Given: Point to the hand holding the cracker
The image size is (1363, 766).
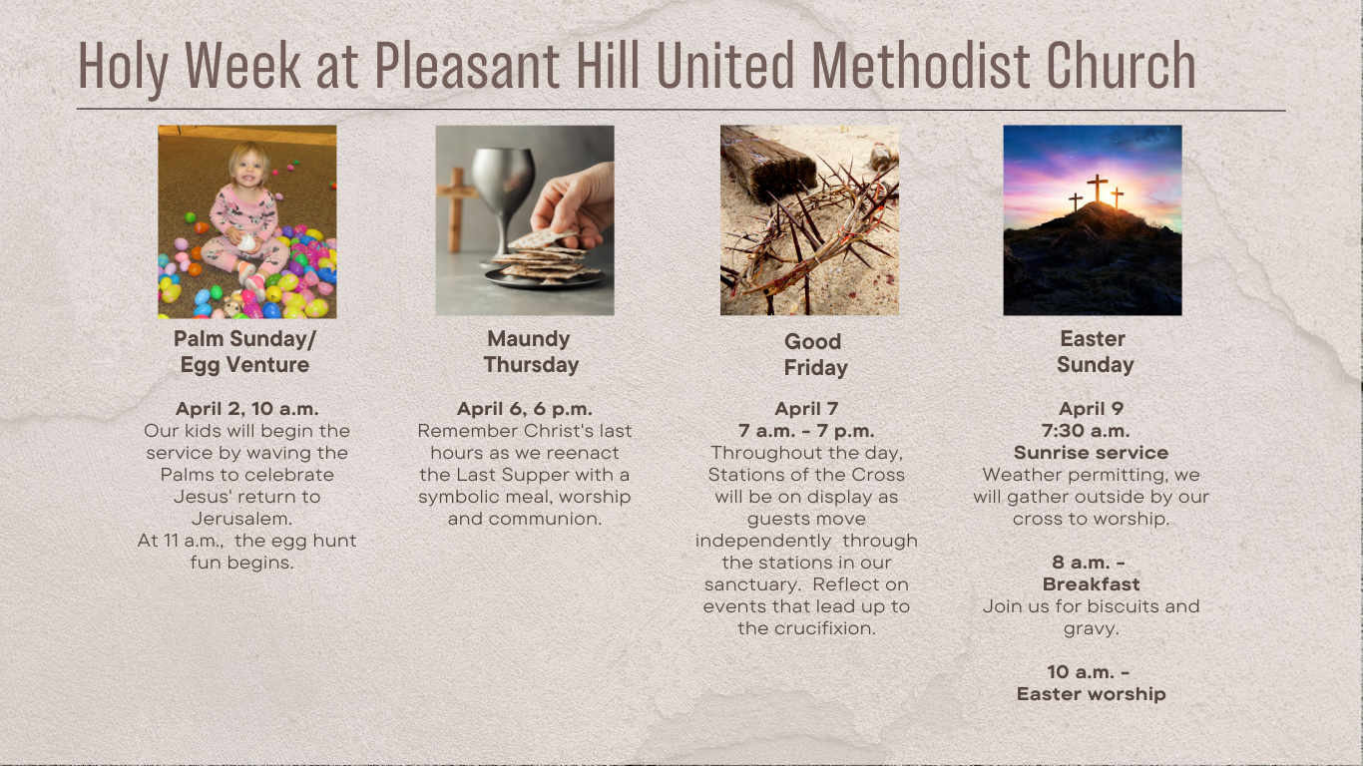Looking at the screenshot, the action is [575, 205].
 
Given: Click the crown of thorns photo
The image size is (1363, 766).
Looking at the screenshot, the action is [809, 220].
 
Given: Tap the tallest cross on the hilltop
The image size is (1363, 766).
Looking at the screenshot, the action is [1098, 188].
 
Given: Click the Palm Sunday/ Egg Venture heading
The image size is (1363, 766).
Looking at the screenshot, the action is [244, 352].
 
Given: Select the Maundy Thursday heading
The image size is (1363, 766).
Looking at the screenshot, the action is [531, 352].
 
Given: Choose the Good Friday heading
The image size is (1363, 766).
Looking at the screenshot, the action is [815, 355].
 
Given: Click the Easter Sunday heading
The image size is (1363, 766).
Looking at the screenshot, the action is [1095, 352].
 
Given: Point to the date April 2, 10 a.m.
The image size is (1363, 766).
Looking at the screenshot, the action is [247, 408].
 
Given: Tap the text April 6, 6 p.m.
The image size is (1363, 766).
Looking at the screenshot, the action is [525, 408].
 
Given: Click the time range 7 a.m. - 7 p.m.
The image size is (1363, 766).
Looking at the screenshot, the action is [806, 431].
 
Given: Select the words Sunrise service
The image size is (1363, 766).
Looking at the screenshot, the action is [1091, 453].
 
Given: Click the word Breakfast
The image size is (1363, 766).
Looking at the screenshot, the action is [1091, 584].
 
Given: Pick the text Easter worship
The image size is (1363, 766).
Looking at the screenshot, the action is [1091, 693].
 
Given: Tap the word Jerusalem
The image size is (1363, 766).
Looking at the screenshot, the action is [240, 519].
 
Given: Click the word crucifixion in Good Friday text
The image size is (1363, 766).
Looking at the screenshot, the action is [824, 628].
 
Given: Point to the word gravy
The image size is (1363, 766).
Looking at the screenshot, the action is [1091, 629].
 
